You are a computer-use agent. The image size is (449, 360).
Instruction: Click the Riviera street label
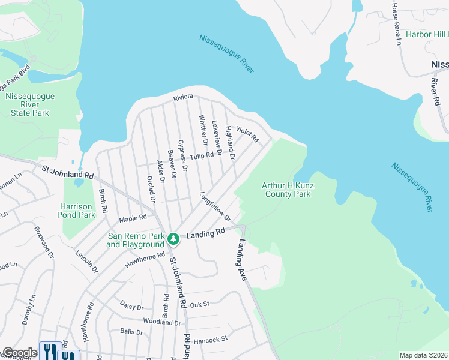click(x=183, y=97)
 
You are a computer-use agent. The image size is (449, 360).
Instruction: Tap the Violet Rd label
click(x=247, y=134)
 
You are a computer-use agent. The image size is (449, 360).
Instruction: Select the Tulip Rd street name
click(x=202, y=156)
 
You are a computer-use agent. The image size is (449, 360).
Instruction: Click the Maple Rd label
click(x=133, y=218)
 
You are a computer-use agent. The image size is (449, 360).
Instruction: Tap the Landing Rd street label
click(x=205, y=233)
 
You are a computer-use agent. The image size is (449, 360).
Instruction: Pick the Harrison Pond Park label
click(x=77, y=211)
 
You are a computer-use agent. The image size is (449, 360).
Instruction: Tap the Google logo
click(x=19, y=353)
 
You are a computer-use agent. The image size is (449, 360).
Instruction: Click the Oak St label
click(x=199, y=304)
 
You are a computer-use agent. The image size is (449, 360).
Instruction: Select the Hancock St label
click(x=211, y=340)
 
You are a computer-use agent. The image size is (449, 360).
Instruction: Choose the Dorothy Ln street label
click(x=28, y=310)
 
